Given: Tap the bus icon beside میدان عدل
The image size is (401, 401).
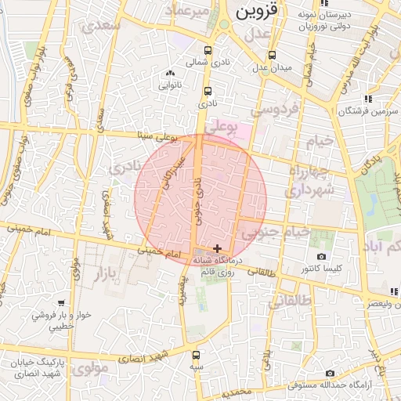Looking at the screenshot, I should click(x=272, y=56).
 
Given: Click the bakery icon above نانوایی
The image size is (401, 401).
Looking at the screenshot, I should click(x=170, y=74).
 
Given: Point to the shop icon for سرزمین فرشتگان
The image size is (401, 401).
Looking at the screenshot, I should click(x=367, y=99).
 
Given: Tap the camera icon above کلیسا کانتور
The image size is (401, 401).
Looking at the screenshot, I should click(x=320, y=257).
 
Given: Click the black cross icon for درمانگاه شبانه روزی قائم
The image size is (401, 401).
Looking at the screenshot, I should click(x=217, y=248).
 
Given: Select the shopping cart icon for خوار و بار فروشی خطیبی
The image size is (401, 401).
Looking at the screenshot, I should click(x=61, y=302).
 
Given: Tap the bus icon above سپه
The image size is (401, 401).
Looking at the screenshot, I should click(x=195, y=354).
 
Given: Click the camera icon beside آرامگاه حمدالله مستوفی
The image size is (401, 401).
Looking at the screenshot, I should click(x=330, y=374).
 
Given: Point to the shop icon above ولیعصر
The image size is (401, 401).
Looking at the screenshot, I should click(x=395, y=291).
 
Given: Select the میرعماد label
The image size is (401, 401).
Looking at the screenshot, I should click(x=193, y=12).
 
